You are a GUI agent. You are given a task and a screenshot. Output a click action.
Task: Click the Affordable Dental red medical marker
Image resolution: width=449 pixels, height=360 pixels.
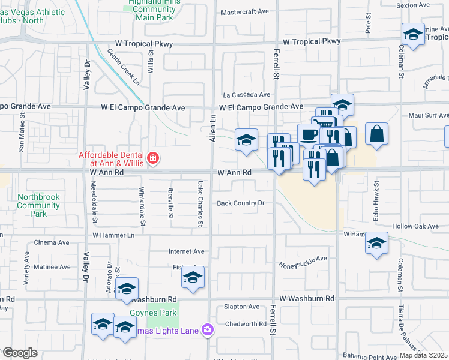point(153,158)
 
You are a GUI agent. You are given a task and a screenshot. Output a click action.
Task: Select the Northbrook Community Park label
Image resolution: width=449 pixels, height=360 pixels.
point(38,205)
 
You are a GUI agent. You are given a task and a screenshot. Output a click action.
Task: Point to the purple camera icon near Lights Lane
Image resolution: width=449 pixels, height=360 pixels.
point(208,329)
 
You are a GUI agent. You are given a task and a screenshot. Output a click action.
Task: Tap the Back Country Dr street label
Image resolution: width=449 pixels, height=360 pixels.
point(241,203)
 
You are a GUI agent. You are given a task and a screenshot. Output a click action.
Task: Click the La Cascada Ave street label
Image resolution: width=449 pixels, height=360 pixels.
point(247,95)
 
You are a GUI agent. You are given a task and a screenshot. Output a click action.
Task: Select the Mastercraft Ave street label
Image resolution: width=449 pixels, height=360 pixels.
point(245,12)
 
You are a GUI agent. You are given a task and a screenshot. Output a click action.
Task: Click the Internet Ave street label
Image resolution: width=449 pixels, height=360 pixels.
point(187,251)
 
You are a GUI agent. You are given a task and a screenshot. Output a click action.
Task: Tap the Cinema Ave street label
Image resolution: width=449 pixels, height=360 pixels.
point(52,242)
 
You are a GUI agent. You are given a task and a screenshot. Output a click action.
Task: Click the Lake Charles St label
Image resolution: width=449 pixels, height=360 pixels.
point(200,204)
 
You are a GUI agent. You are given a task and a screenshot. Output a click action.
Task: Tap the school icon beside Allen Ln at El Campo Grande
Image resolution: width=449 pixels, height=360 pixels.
point(246,140)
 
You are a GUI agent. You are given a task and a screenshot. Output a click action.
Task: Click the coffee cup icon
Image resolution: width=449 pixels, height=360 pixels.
point(309,134)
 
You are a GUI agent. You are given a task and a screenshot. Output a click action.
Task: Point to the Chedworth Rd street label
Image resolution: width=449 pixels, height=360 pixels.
point(246,324)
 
